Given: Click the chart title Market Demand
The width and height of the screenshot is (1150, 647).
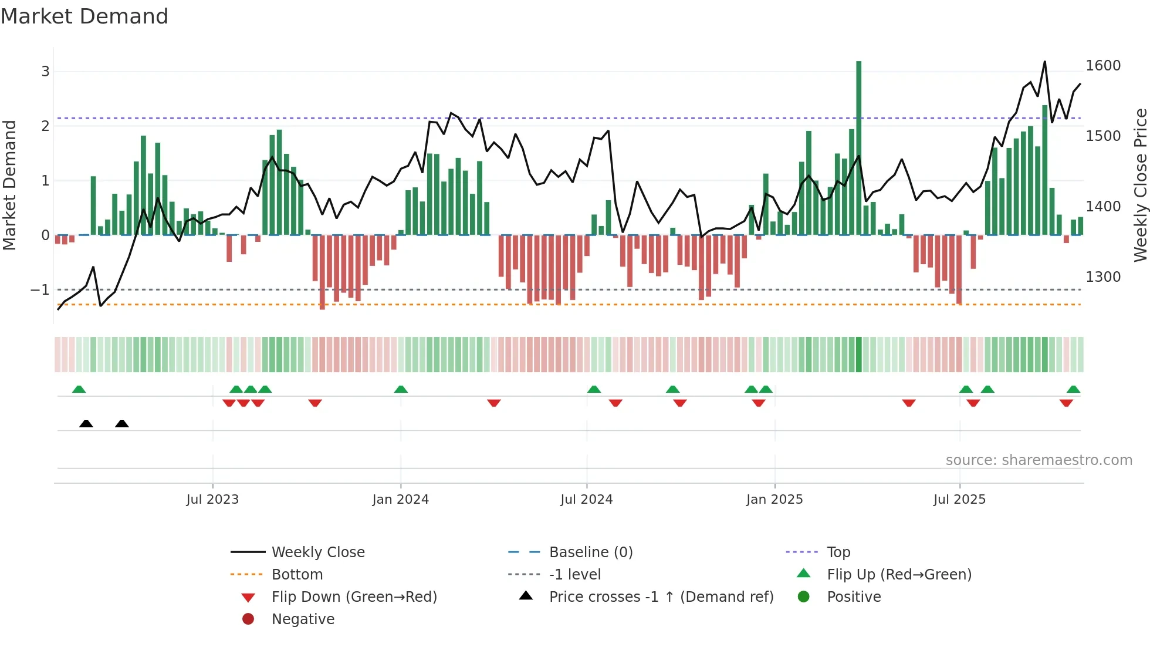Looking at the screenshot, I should click(x=84, y=16).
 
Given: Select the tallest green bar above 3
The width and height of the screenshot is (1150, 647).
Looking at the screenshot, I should click(x=858, y=147).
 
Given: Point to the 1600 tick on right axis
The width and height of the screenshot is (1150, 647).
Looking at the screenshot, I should click(x=1102, y=66).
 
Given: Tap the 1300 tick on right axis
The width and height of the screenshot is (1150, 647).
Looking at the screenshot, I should click(x=1102, y=277).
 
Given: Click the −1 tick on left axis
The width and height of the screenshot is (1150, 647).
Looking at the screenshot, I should click(x=40, y=290).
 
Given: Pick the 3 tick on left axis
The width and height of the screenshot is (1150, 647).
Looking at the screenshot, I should click(x=45, y=72).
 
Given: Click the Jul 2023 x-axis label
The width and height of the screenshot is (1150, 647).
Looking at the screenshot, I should click(x=212, y=500).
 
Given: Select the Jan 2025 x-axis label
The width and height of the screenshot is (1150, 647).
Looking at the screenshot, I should click(x=774, y=500).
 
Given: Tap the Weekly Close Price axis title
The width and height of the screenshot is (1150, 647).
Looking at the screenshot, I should click(x=1140, y=185).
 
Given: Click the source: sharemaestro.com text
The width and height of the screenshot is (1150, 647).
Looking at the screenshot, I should click(x=1039, y=460).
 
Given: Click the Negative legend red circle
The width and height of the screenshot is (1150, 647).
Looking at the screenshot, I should click(x=248, y=619).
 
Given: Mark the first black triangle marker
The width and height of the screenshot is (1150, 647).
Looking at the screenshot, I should click(x=86, y=424).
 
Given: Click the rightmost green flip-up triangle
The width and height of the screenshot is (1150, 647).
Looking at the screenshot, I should click(x=1073, y=389).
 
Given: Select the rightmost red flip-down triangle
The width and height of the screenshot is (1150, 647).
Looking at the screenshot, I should click(x=1066, y=403).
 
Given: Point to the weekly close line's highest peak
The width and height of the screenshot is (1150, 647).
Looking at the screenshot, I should click(x=1044, y=62).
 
